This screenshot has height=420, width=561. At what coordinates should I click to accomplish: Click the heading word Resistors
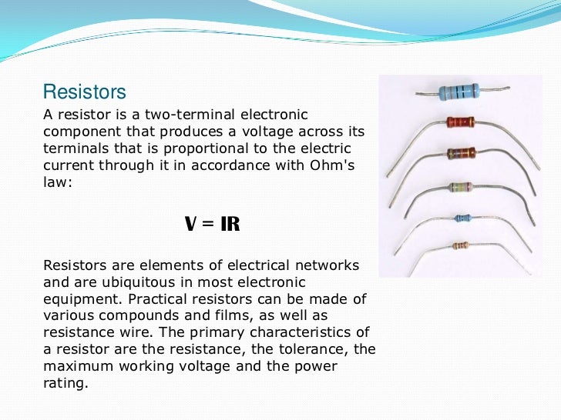click(x=84, y=92)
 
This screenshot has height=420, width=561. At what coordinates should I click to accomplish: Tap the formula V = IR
click(x=213, y=225)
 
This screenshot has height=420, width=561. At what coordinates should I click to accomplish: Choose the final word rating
click(x=66, y=383)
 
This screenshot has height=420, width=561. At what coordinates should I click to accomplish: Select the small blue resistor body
click(x=462, y=218)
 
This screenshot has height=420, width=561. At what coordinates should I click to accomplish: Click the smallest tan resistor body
click(x=460, y=246)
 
